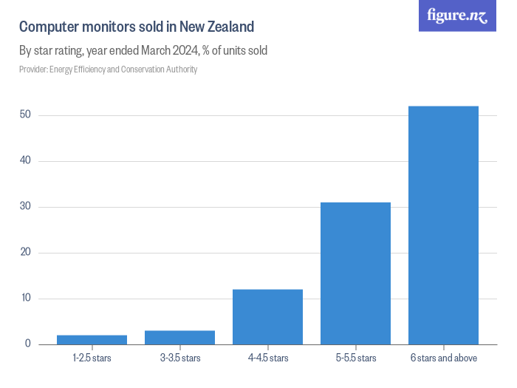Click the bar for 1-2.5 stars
(x=92, y=340)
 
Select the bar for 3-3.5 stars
(x=179, y=338)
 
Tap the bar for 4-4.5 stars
(x=267, y=317)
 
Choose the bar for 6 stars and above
(x=443, y=225)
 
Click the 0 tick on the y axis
(x=27, y=344)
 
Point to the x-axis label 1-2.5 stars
(x=92, y=358)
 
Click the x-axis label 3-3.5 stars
(x=179, y=358)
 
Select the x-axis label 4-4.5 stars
(x=267, y=358)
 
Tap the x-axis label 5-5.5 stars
(x=355, y=358)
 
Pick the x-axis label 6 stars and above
(x=443, y=358)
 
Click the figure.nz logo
(x=457, y=16)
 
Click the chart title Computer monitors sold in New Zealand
(x=137, y=27)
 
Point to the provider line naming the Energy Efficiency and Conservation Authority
(x=108, y=69)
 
